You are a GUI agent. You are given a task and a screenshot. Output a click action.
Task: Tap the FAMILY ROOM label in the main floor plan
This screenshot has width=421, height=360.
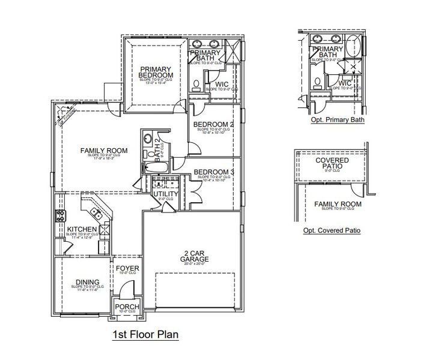[x=101, y=150]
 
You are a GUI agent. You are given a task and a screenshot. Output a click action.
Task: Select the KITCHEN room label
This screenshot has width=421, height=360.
[x=79, y=229]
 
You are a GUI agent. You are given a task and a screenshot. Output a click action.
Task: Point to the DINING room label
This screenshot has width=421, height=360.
[x=87, y=281]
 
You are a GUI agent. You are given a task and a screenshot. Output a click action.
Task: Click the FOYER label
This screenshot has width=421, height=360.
[x=127, y=268]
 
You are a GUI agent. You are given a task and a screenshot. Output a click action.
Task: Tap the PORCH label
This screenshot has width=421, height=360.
[x=127, y=307]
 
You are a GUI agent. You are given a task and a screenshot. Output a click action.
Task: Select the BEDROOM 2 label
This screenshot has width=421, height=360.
[x=213, y=125]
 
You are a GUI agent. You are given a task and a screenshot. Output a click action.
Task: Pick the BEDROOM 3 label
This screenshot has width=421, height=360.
[x=213, y=173]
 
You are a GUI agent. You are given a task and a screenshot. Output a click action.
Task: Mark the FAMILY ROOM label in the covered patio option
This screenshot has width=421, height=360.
[x=338, y=204]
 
